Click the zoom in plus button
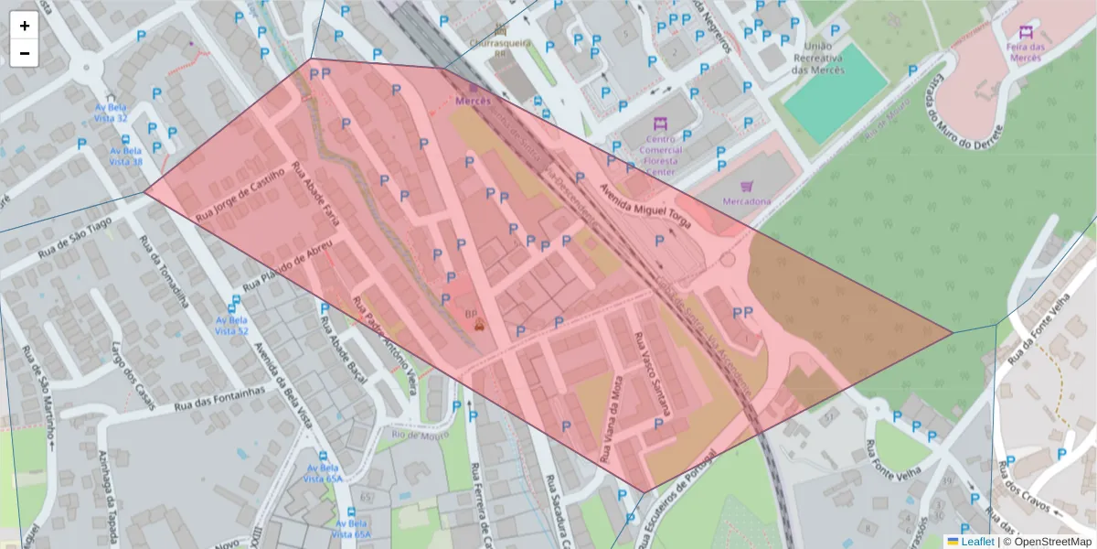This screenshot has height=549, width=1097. tap(25, 26)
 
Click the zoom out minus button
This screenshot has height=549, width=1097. tap(25, 53)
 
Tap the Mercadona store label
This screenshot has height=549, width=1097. tap(746, 200)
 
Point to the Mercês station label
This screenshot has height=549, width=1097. tap(473, 101)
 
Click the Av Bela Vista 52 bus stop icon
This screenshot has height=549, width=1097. tap(236, 301)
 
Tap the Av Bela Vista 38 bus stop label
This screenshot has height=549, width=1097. tap(126, 162)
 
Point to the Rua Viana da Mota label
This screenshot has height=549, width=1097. tap(612, 421)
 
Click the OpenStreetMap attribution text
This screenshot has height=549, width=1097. tap(1047, 542)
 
